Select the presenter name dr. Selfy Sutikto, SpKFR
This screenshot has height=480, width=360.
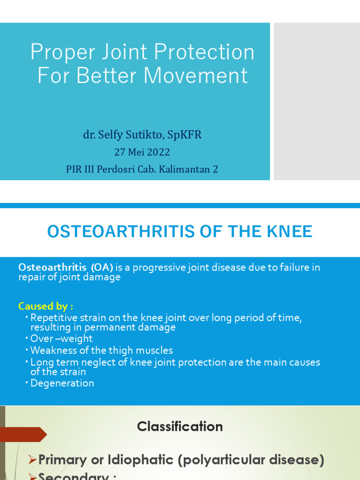(x=142, y=135)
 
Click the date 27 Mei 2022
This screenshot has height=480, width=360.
(x=142, y=152)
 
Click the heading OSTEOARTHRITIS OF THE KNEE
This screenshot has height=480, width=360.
(x=180, y=232)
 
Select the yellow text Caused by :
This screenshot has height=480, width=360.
(x=45, y=306)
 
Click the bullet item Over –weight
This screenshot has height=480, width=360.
(x=61, y=338)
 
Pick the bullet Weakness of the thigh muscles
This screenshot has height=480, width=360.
(x=101, y=350)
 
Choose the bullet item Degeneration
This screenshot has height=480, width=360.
(x=62, y=383)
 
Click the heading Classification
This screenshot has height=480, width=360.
(x=180, y=427)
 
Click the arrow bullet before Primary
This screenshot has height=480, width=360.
(x=33, y=460)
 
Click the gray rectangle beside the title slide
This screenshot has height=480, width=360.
(x=316, y=102)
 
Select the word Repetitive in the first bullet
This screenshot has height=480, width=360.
(x=52, y=318)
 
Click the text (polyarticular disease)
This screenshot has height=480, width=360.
(x=251, y=460)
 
